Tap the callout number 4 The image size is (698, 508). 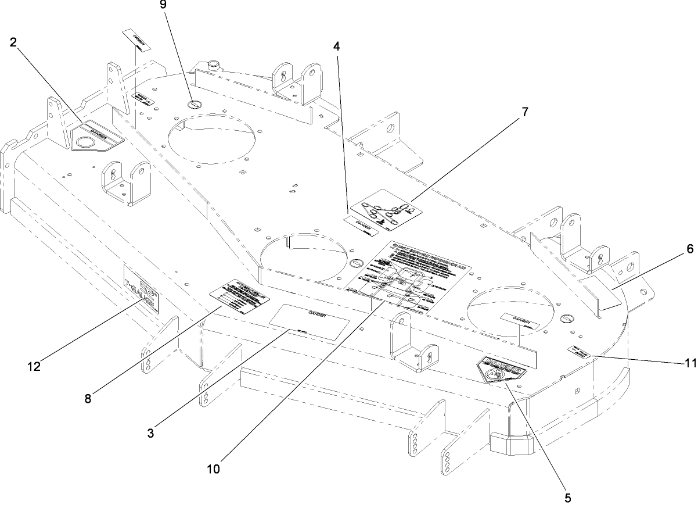click(336, 45)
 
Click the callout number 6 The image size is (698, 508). click(690, 249)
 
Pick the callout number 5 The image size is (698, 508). click(567, 498)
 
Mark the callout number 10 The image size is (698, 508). click(213, 468)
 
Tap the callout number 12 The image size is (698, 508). click(33, 367)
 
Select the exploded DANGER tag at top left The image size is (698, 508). click(136, 40)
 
